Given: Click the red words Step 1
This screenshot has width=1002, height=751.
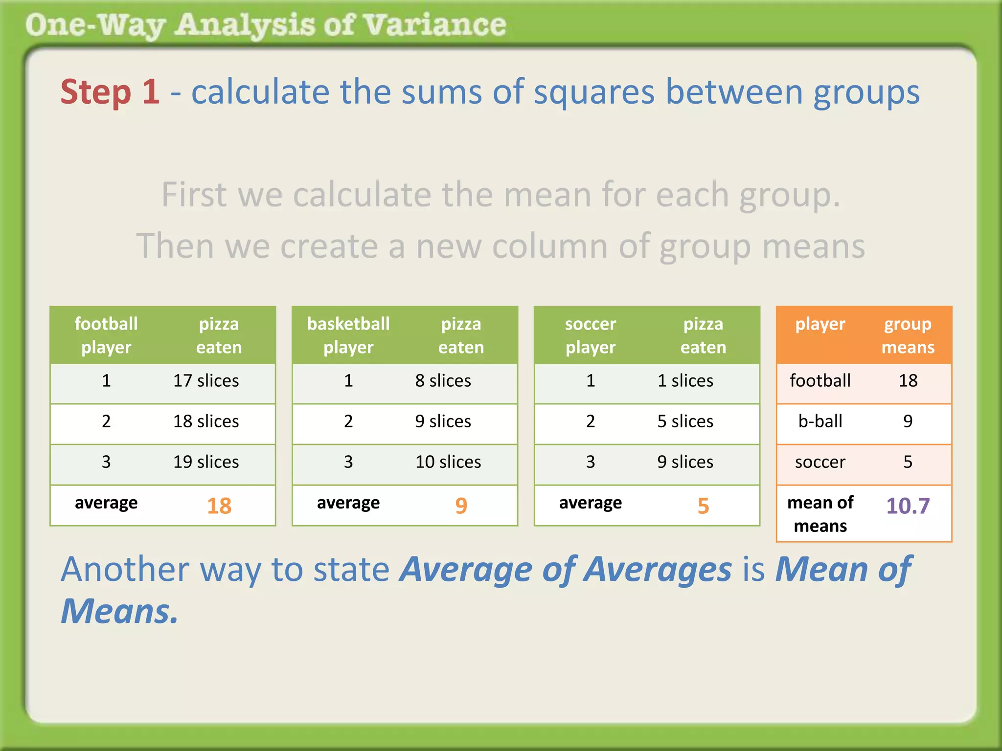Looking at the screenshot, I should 110,92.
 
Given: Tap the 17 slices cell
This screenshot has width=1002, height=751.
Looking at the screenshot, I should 206,381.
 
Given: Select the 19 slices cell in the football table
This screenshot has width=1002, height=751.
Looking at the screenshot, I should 206,462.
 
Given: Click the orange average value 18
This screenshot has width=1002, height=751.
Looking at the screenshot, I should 219,506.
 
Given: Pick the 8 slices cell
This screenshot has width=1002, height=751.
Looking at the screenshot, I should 443,381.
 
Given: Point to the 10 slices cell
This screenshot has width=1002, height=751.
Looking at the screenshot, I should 448,462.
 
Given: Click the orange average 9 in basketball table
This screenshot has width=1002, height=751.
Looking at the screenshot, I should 461,506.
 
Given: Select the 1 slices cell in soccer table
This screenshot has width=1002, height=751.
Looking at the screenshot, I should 685,381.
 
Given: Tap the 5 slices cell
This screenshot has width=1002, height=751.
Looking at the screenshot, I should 685,421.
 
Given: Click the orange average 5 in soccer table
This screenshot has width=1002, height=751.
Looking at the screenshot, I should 703,506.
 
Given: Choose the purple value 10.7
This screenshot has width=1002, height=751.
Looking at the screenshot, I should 908,506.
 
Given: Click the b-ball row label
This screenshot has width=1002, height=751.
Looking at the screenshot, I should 820,421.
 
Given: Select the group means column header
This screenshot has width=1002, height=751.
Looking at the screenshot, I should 908,335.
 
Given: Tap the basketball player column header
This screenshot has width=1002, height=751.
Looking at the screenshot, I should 348,335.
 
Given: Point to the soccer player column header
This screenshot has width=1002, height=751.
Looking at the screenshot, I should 591,335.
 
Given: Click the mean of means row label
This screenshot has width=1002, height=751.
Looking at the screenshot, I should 820,514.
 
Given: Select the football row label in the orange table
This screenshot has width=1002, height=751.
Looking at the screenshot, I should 820,381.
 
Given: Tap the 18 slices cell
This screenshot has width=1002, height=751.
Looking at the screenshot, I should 206,421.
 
